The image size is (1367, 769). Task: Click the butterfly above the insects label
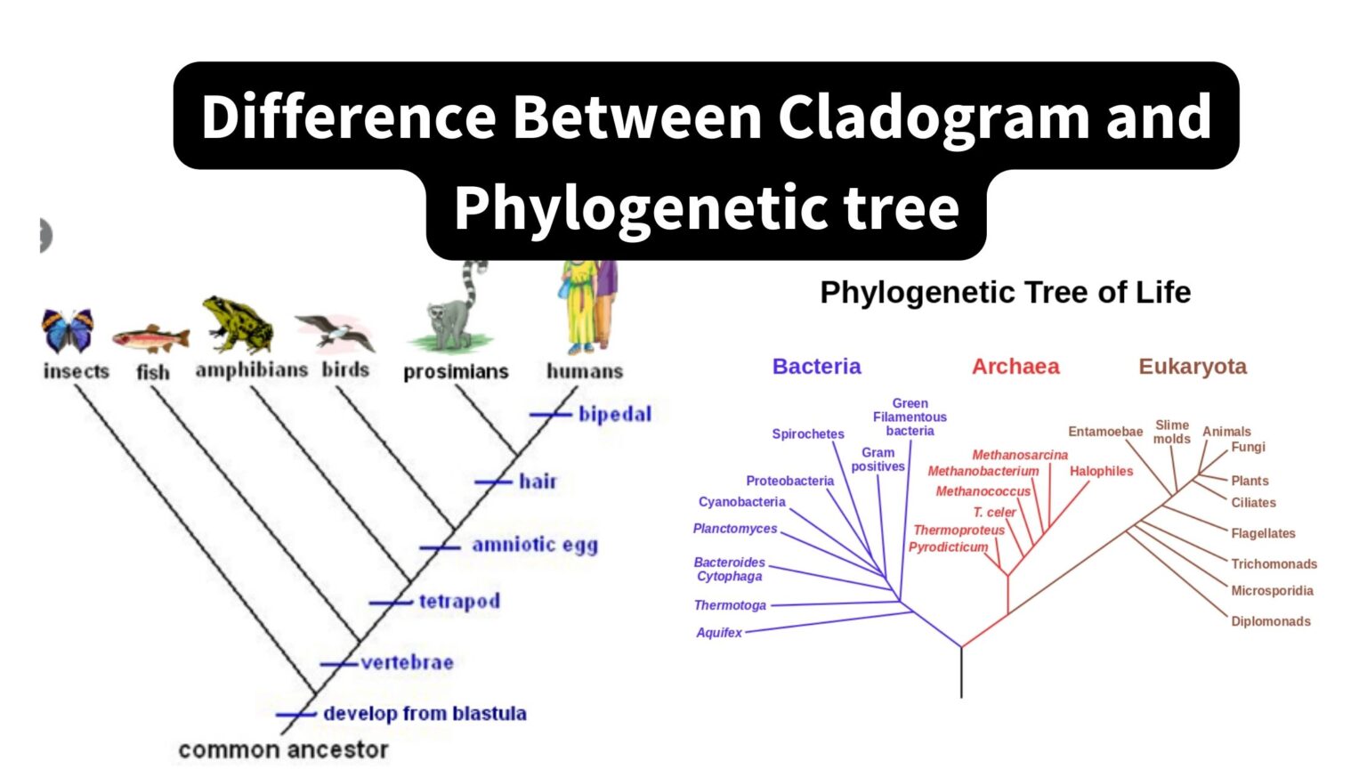tap(68, 330)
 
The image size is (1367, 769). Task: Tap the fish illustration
tap(150, 339)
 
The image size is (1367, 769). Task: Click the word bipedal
tap(614, 415)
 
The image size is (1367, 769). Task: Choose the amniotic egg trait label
tap(534, 545)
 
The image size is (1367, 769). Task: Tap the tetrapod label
tap(459, 602)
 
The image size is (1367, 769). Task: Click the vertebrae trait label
tap(407, 663)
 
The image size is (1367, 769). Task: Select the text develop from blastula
tap(425, 714)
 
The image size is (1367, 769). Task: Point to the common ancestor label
tap(283, 750)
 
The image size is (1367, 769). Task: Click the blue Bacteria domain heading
tap(816, 367)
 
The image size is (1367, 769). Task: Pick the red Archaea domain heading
tap(1015, 367)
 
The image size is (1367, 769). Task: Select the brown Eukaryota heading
tap(1193, 367)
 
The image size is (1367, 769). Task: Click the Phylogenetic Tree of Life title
tap(1005, 293)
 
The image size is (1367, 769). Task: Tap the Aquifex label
tap(718, 633)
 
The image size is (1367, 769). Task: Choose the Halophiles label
tap(1101, 472)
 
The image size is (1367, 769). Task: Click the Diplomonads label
tap(1270, 621)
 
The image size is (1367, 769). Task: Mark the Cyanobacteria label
tap(741, 502)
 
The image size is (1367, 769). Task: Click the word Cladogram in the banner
tap(934, 117)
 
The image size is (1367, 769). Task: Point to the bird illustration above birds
tap(337, 333)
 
